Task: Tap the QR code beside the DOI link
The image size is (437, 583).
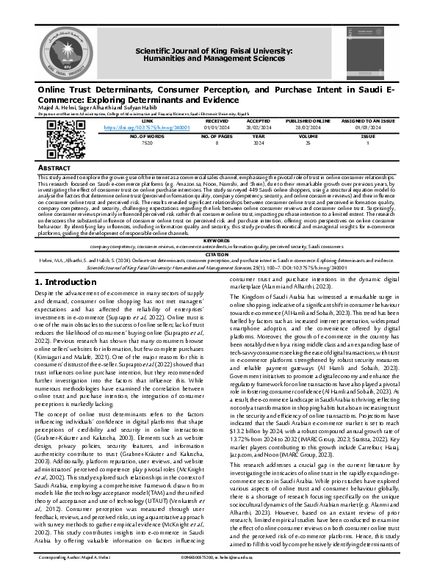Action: coord(62,134)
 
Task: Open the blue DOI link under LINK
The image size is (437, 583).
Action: coord(147,128)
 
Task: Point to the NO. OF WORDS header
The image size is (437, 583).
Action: coord(147,137)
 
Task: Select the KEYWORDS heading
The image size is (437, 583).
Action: coord(217,219)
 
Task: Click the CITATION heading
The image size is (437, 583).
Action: coord(217,233)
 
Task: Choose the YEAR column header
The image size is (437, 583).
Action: coord(258,137)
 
